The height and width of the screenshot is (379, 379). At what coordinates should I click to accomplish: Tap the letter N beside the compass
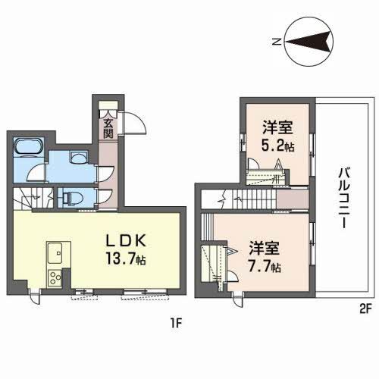(x=277, y=42)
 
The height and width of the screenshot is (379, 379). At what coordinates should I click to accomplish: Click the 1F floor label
(x=175, y=323)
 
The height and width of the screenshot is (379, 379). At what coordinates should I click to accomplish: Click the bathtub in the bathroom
(x=29, y=147)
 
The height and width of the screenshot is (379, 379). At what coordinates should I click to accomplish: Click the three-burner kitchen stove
(x=55, y=277)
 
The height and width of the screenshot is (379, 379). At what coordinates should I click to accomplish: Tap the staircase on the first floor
(x=34, y=199)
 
